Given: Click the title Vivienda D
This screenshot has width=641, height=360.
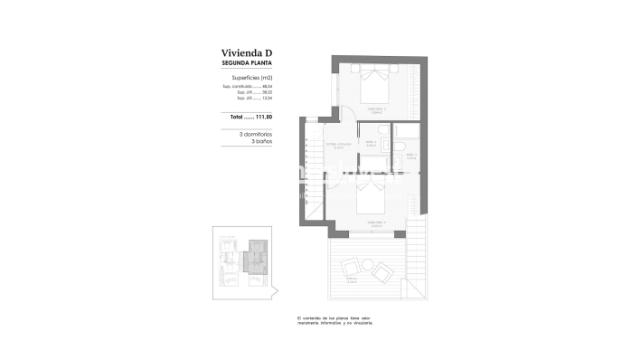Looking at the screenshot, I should tap(247, 53).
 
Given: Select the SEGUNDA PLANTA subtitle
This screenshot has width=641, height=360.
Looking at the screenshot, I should tap(247, 64).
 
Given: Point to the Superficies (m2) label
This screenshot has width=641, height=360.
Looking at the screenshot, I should tap(248, 79).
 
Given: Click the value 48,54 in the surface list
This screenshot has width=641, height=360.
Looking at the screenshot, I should tap(267, 87).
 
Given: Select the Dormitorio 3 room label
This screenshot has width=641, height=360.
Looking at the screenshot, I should tap(374, 223).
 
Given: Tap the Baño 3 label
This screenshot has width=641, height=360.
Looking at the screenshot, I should tap(410, 156).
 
